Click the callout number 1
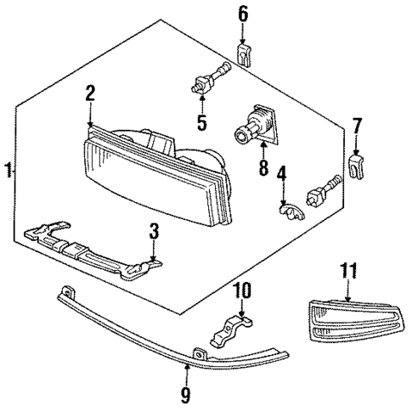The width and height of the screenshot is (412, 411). tap(8, 169)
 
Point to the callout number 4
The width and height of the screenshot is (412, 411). tap(281, 179)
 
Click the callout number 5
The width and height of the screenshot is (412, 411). tap(201, 122)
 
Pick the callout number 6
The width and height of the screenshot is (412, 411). tap(242, 14)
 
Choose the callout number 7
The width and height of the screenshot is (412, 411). tap(358, 127)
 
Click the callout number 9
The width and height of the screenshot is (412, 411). tap(186, 393)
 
